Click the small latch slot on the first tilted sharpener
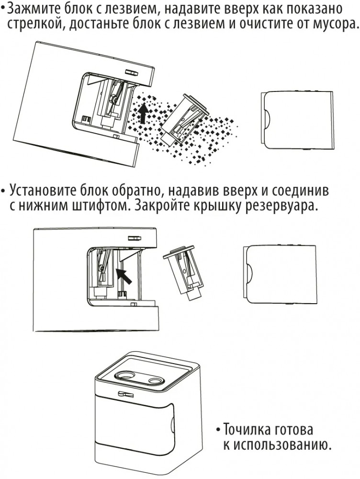(131, 72)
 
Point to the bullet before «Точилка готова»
(218, 430)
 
